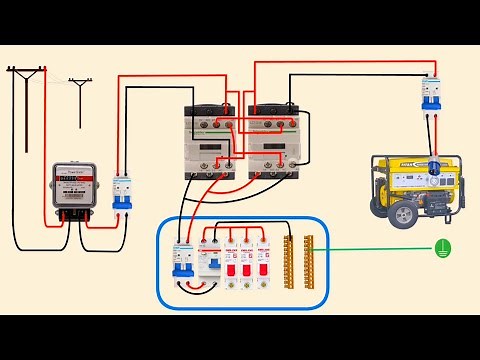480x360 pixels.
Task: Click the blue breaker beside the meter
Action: tap(122, 193)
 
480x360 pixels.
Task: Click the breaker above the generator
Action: tap(431, 94)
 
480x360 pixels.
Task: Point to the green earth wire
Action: tap(370, 250)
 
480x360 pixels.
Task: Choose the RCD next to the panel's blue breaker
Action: tap(209, 261)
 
